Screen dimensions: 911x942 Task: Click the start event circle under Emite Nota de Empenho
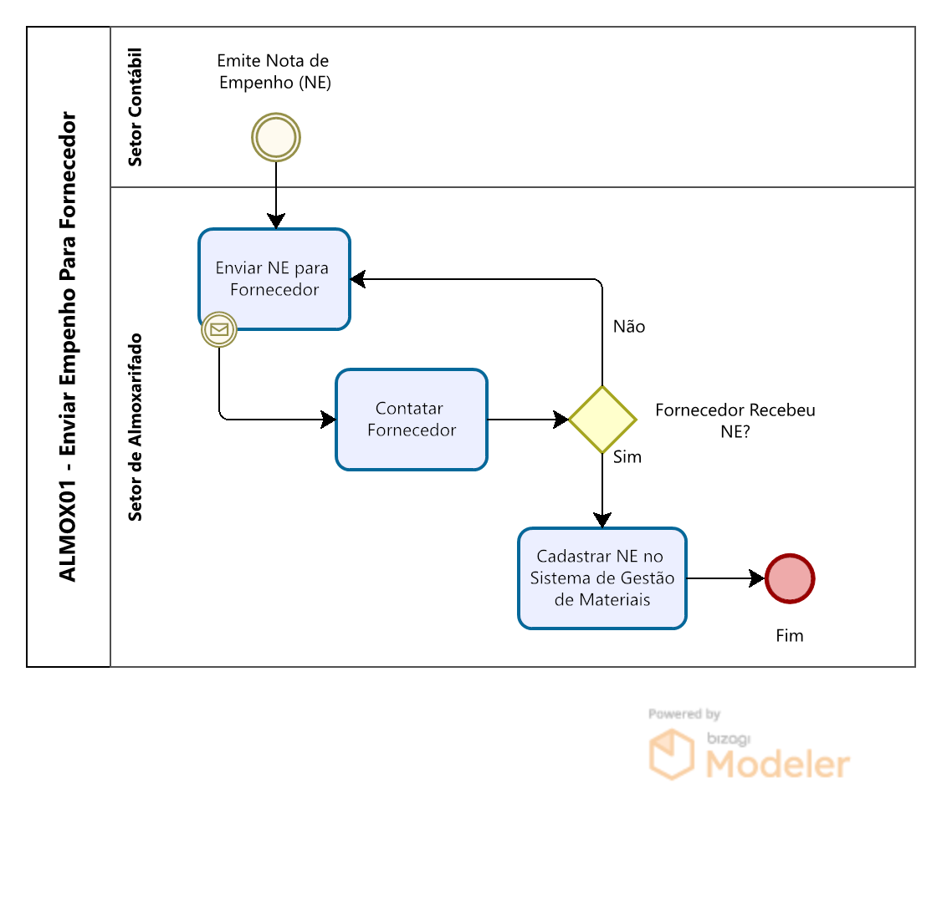[276, 137]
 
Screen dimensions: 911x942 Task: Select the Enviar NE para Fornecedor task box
[274, 279]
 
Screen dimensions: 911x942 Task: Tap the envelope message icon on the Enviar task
[219, 330]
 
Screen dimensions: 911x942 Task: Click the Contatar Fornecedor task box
[412, 420]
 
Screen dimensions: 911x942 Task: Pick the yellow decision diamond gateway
[602, 420]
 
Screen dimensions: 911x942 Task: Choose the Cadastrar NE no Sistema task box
[602, 578]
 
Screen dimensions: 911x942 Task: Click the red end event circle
[790, 578]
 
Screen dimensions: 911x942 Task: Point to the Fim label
[790, 636]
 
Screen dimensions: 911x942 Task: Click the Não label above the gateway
[629, 327]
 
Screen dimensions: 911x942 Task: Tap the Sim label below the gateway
[627, 457]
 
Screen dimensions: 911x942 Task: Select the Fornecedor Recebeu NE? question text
[735, 420]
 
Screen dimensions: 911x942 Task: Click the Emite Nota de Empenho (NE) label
[274, 72]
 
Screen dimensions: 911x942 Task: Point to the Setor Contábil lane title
[136, 107]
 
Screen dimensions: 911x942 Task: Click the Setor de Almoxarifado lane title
[136, 427]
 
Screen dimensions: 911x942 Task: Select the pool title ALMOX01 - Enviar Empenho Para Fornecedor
[69, 347]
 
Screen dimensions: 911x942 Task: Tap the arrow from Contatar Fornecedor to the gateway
[527, 420]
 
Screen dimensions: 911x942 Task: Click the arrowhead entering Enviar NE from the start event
[276, 221]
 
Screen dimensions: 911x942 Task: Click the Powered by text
[684, 714]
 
